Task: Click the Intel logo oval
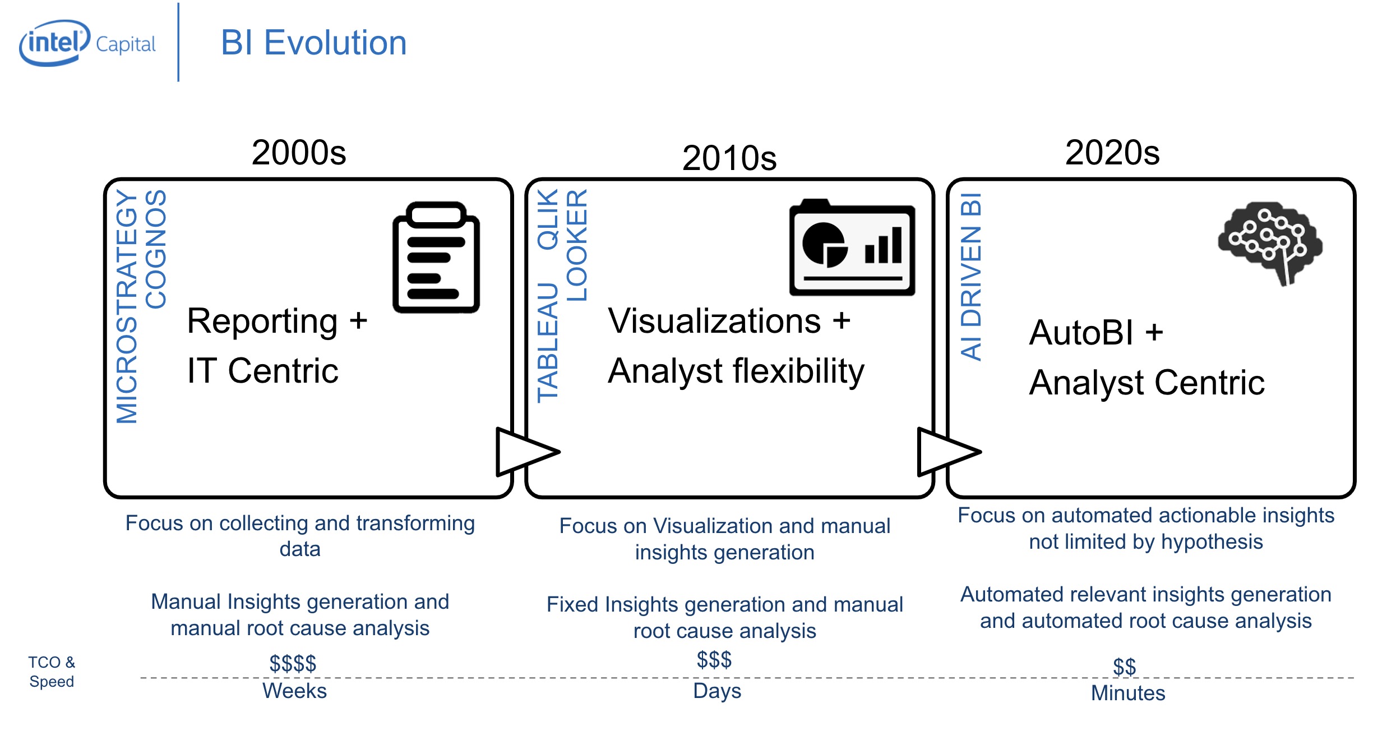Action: tap(54, 43)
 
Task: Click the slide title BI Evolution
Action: tap(313, 43)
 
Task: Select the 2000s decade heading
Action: tap(299, 153)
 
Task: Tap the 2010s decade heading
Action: tap(729, 158)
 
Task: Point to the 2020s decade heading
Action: tap(1112, 153)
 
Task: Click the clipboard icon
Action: tap(436, 258)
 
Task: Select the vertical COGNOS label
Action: tap(156, 249)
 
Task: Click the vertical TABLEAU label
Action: tap(548, 342)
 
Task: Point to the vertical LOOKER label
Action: tap(576, 245)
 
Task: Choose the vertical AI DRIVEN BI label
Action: tap(970, 277)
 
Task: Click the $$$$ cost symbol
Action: tap(293, 663)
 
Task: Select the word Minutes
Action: tap(1127, 693)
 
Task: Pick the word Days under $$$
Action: tap(717, 691)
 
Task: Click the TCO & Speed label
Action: tap(52, 672)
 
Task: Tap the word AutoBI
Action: tap(1081, 332)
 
